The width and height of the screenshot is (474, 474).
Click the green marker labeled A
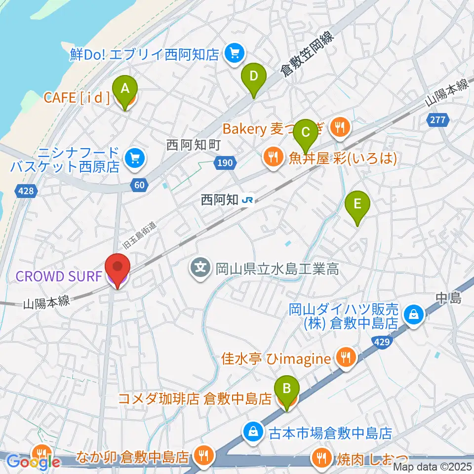[x=125, y=89]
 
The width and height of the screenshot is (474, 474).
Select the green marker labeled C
[x=305, y=132]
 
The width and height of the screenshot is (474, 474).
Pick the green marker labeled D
[x=253, y=77]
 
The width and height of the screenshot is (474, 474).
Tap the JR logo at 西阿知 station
[x=248, y=200]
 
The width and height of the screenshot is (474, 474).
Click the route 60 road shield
[x=139, y=185]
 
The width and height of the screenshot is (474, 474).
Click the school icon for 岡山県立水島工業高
[x=200, y=270]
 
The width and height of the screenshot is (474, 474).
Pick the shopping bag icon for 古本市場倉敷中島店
[x=252, y=433]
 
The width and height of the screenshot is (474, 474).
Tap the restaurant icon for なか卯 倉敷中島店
[x=202, y=455]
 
